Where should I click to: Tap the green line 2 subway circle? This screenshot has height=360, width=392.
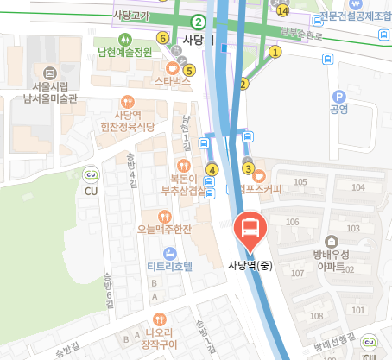coord(199,22)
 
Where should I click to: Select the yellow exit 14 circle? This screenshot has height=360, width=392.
coord(283,10)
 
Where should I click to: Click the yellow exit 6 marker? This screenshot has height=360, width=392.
coord(162,37)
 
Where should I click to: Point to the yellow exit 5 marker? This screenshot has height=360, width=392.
coord(190,70)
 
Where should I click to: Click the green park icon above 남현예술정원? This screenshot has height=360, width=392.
coord(125,39)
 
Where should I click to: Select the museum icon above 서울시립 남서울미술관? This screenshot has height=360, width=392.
coord(48,73)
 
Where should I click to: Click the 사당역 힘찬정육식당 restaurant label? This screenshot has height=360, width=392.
coord(127,120)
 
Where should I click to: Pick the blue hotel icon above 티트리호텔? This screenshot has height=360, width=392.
coord(168,252)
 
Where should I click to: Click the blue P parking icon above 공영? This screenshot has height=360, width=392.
coord(338,97)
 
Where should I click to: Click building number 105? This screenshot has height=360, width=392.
coord(300,182)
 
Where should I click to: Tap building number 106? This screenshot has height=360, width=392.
coord(293,223)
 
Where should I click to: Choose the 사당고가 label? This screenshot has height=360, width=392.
coord(130,16)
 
